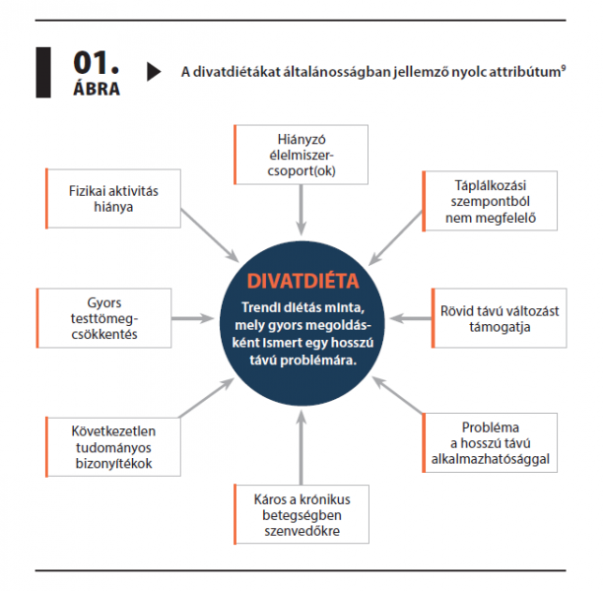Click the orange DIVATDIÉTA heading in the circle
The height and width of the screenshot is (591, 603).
tap(302, 281)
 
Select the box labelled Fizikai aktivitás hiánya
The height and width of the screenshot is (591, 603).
tap(113, 198)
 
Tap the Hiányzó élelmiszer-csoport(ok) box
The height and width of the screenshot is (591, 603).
tap(301, 155)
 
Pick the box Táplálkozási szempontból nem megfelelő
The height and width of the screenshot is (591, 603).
tap(490, 201)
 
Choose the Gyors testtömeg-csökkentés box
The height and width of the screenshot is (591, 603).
tap(103, 318)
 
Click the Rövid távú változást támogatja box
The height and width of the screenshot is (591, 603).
tap(499, 318)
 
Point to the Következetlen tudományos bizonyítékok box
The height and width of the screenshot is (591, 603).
tap(113, 447)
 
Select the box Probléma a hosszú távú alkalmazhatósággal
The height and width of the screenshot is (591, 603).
tap(490, 442)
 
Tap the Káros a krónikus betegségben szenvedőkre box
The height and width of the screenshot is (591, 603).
tap(301, 514)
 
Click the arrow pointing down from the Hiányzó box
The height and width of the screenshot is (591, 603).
tap(301, 210)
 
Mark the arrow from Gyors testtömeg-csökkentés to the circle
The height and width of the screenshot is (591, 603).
tap(192, 318)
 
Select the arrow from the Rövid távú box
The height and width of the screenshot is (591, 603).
tap(410, 318)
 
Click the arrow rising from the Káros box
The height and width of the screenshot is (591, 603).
tap(301, 447)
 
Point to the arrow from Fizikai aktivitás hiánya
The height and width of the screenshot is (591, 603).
tap(210, 235)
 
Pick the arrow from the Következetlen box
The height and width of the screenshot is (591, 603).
tap(207, 398)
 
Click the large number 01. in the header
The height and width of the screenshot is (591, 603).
tap(97, 63)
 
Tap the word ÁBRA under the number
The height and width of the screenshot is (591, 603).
tap(97, 89)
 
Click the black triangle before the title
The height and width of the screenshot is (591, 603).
tap(154, 72)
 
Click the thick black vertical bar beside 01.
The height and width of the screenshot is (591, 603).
tap(43, 72)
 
